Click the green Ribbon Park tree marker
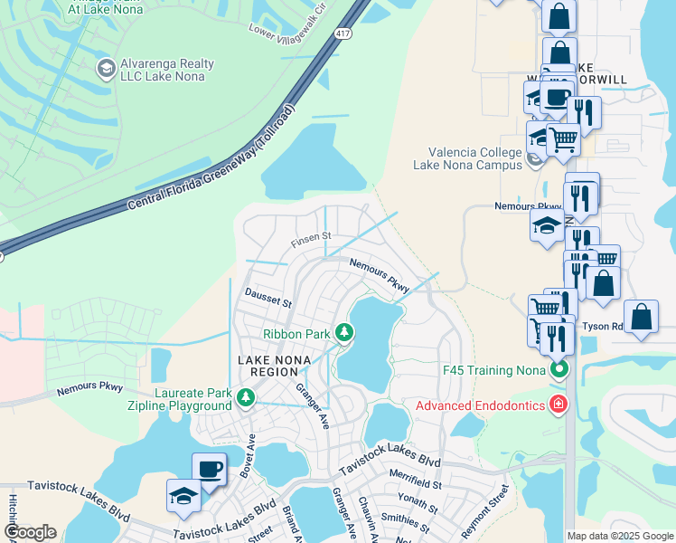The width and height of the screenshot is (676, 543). [x=343, y=333]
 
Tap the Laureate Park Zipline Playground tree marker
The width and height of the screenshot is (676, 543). [x=244, y=397]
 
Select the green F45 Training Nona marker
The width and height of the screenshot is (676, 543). [x=559, y=370]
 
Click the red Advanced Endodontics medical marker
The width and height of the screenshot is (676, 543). [x=559, y=404]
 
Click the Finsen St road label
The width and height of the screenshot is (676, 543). [x=312, y=242]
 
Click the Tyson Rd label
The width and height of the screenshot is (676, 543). [x=602, y=326]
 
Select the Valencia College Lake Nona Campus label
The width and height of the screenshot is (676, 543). [x=467, y=158]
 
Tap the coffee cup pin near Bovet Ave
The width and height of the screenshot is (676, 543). [x=209, y=469]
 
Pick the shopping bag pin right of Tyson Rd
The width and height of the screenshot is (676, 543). [x=641, y=317]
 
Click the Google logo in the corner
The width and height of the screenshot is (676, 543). [x=30, y=532]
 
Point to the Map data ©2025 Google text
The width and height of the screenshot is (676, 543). [x=620, y=536]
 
